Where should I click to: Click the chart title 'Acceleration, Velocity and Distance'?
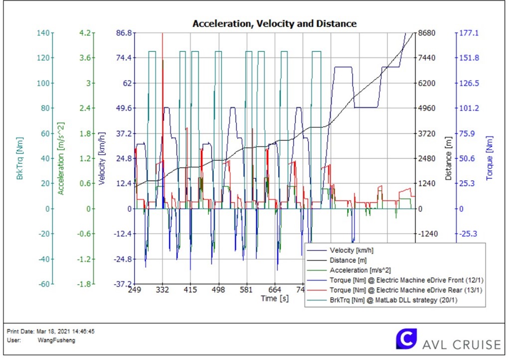click(x=274, y=23)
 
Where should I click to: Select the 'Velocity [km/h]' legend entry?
click(x=352, y=250)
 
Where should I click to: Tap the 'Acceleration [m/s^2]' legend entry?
click(x=360, y=270)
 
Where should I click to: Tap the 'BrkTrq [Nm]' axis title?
click(x=19, y=159)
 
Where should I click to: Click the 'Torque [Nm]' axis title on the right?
click(x=490, y=159)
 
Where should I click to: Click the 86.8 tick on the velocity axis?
click(x=123, y=33)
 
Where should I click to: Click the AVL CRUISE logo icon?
click(x=406, y=339)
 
